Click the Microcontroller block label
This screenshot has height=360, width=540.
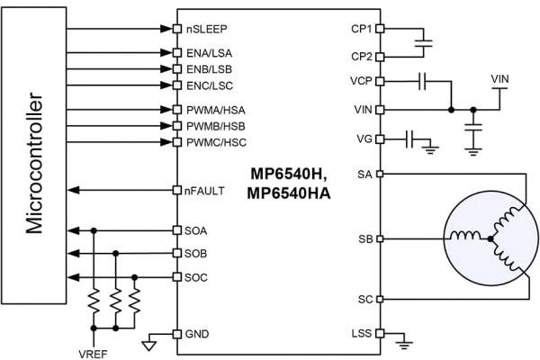point(34,162)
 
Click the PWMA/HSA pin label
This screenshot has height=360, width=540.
point(216,110)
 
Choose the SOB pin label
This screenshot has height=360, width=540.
point(197,254)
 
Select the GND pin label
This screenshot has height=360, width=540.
point(197,333)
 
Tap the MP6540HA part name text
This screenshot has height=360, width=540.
point(286,189)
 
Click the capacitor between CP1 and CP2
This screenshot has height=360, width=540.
point(427,41)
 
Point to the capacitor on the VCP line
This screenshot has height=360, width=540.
point(421,81)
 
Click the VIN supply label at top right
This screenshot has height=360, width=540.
point(502,79)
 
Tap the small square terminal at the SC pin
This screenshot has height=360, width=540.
point(380,298)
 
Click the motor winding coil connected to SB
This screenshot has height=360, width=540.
point(466,238)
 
